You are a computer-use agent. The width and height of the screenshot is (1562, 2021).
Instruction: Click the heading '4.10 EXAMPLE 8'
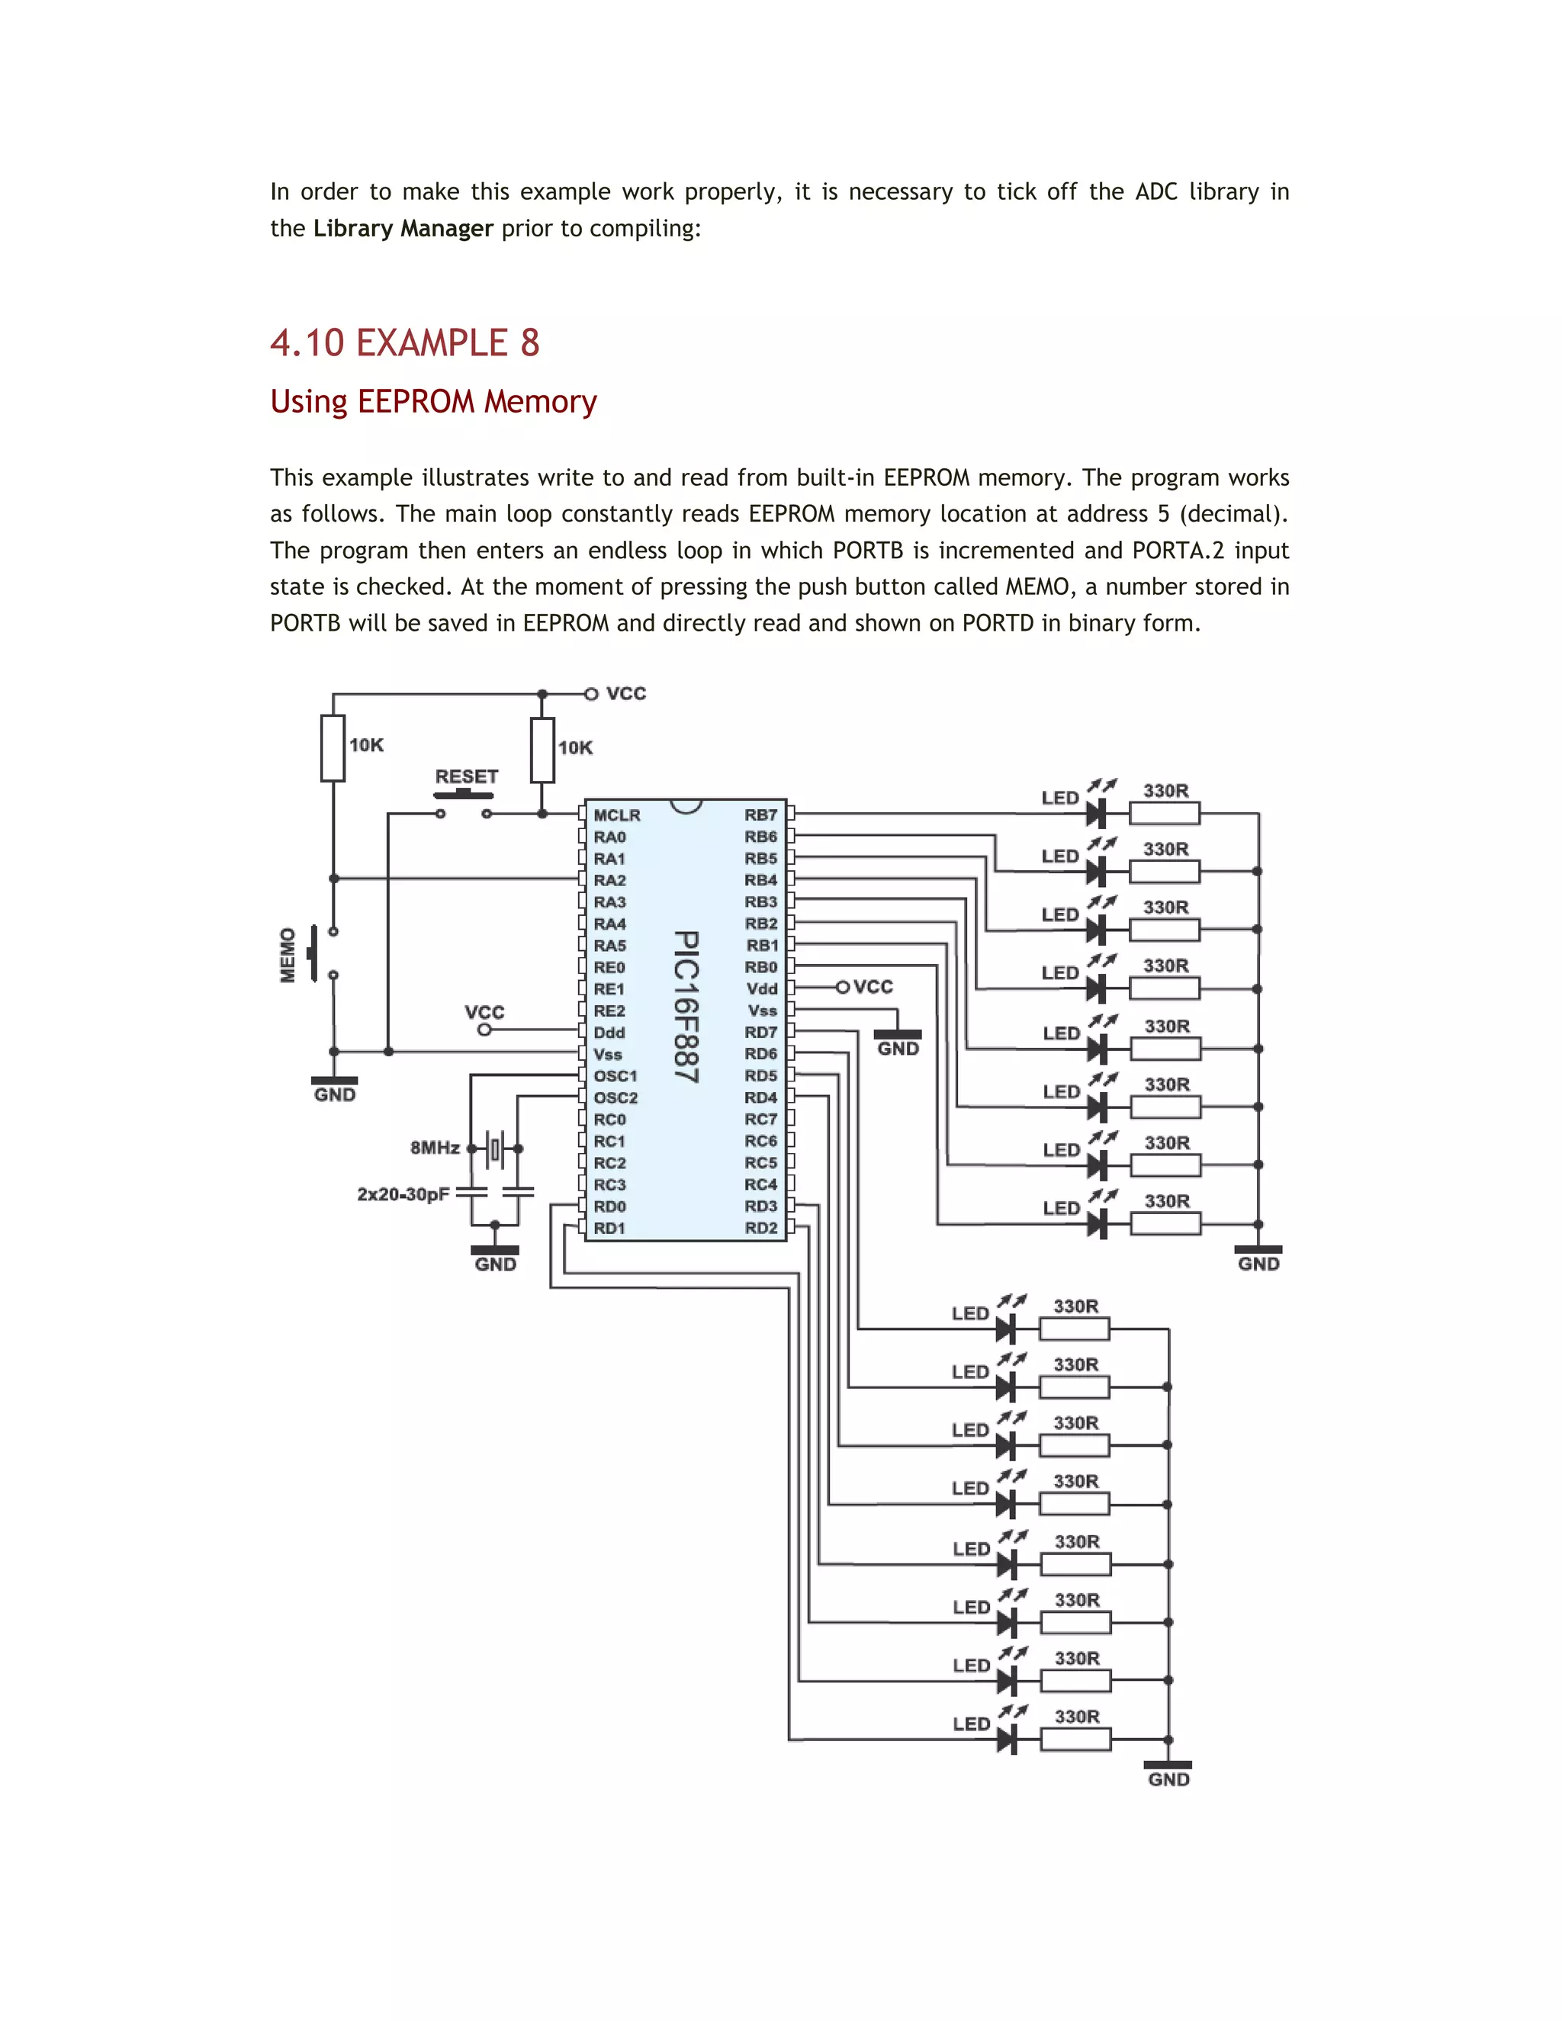pyautogui.click(x=404, y=343)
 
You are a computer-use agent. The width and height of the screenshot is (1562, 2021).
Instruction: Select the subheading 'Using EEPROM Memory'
pyautogui.click(x=433, y=402)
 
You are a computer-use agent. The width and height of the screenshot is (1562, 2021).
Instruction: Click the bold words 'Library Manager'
pyautogui.click(x=403, y=229)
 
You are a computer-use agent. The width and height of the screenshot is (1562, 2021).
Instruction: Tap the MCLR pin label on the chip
pyautogui.click(x=616, y=815)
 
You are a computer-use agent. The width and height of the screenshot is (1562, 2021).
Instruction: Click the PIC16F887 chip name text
pyautogui.click(x=686, y=1006)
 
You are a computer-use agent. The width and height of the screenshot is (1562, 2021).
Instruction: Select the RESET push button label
pyautogui.click(x=466, y=776)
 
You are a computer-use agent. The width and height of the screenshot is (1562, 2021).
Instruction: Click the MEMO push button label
pyautogui.click(x=288, y=955)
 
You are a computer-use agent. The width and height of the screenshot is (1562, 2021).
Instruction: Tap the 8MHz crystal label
pyautogui.click(x=435, y=1148)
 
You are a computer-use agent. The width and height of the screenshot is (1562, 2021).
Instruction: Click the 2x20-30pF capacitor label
pyautogui.click(x=403, y=1194)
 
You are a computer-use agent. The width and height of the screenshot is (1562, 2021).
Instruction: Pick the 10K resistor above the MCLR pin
pyautogui.click(x=543, y=750)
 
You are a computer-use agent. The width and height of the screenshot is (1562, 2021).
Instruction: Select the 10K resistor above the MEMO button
pyautogui.click(x=333, y=747)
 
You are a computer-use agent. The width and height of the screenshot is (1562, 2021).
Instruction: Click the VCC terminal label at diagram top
pyautogui.click(x=625, y=693)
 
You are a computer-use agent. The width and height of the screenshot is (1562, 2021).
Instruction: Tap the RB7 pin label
pyautogui.click(x=760, y=815)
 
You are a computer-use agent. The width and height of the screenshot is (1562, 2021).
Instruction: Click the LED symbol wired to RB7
pyautogui.click(x=1097, y=814)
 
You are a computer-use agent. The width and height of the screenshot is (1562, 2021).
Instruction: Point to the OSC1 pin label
pyautogui.click(x=615, y=1076)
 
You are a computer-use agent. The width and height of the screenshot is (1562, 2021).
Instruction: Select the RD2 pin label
pyautogui.click(x=760, y=1228)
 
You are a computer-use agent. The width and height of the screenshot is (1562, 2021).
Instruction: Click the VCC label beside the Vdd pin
pyautogui.click(x=873, y=988)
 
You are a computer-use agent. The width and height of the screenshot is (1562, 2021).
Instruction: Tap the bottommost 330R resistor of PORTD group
pyautogui.click(x=1075, y=1740)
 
